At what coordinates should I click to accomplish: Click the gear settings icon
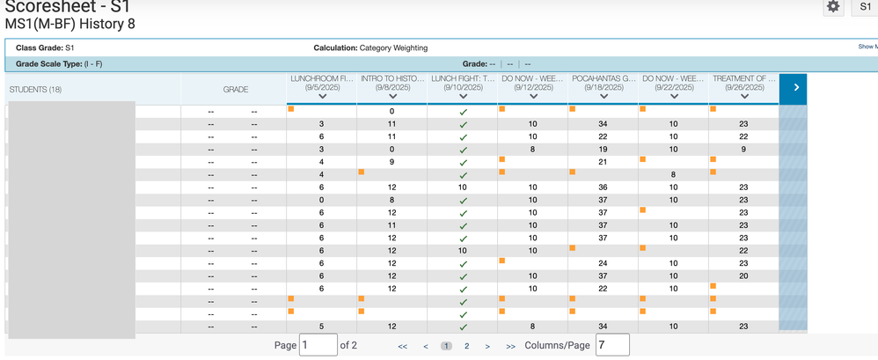click(833, 7)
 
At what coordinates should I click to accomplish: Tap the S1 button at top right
click(865, 7)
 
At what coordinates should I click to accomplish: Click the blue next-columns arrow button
click(795, 88)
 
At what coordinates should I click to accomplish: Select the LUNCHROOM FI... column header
click(321, 78)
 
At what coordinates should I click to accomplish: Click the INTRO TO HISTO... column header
click(391, 78)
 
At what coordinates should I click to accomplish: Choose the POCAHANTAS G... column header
click(603, 78)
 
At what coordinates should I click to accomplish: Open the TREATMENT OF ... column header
click(743, 78)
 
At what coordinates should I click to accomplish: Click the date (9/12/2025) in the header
click(532, 87)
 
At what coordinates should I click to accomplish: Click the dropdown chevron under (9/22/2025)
click(673, 97)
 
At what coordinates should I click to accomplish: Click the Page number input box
click(318, 345)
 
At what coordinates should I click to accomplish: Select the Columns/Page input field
click(611, 345)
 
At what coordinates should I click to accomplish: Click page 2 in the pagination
click(467, 346)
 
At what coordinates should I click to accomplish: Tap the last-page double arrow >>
click(510, 346)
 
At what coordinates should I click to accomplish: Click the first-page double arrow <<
click(403, 346)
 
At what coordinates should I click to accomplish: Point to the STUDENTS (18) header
click(35, 90)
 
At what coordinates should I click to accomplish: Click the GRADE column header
click(235, 89)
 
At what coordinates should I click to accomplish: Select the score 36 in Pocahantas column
click(603, 187)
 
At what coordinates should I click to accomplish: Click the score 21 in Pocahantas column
click(603, 162)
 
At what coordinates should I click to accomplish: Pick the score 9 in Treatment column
click(743, 150)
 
